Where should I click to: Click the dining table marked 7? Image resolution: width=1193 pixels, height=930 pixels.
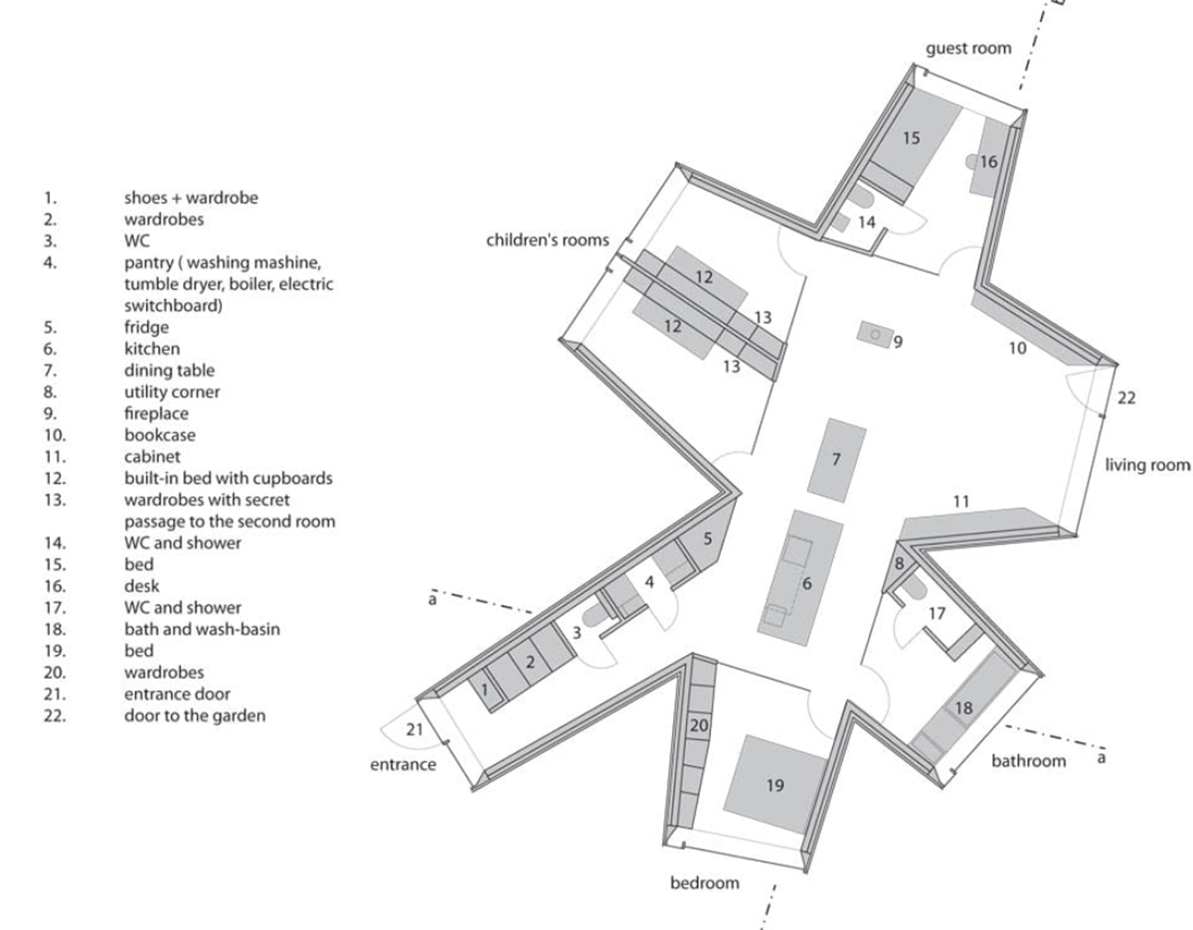click(x=837, y=460)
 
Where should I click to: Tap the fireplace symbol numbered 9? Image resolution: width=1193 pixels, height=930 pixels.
click(x=875, y=335)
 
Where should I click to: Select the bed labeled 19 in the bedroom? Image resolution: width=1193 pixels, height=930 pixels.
click(x=774, y=785)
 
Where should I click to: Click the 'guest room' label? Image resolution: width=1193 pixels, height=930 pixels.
click(x=968, y=49)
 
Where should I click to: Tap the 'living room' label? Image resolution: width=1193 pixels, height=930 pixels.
click(x=1148, y=465)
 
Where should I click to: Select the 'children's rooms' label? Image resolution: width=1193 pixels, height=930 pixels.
click(x=548, y=239)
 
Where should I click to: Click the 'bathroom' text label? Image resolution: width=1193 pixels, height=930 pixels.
click(x=1028, y=761)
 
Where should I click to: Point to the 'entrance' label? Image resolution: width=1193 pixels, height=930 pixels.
click(x=403, y=764)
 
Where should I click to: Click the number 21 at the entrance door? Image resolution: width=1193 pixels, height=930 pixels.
click(x=415, y=729)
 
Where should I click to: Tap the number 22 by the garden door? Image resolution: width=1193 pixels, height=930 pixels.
click(x=1126, y=397)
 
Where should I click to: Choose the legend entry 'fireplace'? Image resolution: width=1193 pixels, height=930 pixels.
click(x=156, y=413)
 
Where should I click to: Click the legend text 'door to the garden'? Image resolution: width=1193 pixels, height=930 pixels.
click(x=195, y=715)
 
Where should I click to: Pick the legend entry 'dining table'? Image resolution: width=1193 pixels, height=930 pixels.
click(x=169, y=371)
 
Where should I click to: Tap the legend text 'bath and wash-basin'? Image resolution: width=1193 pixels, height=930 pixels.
click(x=202, y=629)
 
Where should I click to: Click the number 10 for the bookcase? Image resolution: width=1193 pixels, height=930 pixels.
click(x=1017, y=348)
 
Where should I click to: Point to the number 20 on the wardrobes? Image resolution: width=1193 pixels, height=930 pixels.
click(x=699, y=725)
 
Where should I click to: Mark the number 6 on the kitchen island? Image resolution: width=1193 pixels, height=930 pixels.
click(x=806, y=583)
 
